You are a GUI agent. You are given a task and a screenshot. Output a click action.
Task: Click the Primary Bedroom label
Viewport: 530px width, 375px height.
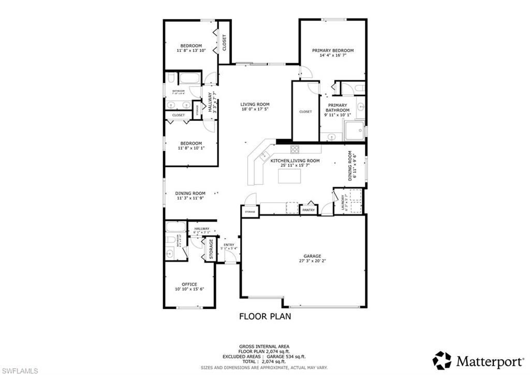[332, 50]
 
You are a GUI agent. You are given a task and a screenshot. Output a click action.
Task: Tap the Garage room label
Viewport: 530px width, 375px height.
[312, 256]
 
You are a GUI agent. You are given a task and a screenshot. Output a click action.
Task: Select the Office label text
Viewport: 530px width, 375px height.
[189, 284]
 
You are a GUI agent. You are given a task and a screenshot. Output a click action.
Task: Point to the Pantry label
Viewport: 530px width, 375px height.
[309, 210]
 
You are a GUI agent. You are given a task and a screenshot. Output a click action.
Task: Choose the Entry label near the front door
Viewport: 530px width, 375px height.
[229, 245]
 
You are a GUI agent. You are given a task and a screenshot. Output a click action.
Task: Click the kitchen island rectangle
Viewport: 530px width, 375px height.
[290, 176]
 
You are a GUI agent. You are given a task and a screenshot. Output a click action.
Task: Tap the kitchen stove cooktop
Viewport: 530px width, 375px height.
[295, 149]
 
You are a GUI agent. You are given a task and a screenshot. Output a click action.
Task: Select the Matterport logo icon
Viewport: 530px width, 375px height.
[442, 360]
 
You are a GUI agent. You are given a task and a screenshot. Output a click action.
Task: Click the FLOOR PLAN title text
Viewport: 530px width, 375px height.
[264, 315]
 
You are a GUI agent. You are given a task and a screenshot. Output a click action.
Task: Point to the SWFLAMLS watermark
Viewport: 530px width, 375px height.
[19, 370]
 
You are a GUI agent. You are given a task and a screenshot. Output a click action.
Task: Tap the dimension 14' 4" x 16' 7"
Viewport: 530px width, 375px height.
[332, 55]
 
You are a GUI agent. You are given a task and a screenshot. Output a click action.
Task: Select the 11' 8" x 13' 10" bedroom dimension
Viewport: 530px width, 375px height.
[190, 51]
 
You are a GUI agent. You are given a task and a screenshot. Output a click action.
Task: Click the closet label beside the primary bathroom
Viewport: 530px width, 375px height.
[305, 112]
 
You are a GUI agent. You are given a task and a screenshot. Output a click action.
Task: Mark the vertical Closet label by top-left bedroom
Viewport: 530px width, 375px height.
[224, 42]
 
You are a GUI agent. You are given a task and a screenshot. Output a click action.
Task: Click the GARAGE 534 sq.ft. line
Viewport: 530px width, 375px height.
[264, 356]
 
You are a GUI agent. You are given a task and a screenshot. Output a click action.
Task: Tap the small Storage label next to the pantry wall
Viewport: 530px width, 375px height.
[250, 212]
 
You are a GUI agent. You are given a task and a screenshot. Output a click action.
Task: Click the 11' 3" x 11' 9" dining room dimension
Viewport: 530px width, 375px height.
[190, 198]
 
